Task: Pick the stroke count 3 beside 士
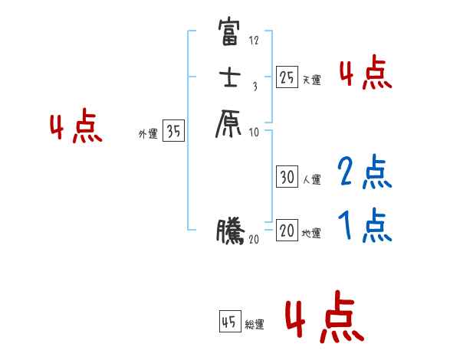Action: (255, 87)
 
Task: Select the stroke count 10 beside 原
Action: (255, 132)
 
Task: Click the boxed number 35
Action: (174, 132)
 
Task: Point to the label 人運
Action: (311, 180)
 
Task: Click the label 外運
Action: (148, 134)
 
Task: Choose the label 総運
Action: (255, 326)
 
